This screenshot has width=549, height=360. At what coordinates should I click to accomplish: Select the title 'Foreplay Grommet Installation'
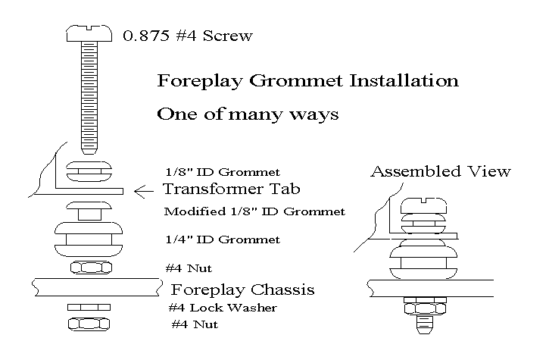tap(307, 80)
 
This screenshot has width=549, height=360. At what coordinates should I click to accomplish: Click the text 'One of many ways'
tap(247, 114)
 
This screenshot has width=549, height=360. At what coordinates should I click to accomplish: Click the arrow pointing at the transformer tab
tap(144, 191)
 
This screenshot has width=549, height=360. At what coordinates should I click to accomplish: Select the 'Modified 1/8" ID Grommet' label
tap(254, 211)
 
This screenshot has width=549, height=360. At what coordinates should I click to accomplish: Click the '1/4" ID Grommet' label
tap(222, 239)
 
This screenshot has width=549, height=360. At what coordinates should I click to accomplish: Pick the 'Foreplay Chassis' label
tap(242, 290)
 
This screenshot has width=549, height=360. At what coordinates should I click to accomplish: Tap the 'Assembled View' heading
tap(440, 172)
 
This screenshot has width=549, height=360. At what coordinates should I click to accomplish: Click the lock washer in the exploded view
tap(89, 307)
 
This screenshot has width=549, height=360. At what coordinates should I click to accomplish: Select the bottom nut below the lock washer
tap(89, 324)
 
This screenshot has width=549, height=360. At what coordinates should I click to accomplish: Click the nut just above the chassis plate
tap(89, 268)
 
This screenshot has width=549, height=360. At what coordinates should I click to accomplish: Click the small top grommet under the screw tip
tap(89, 171)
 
